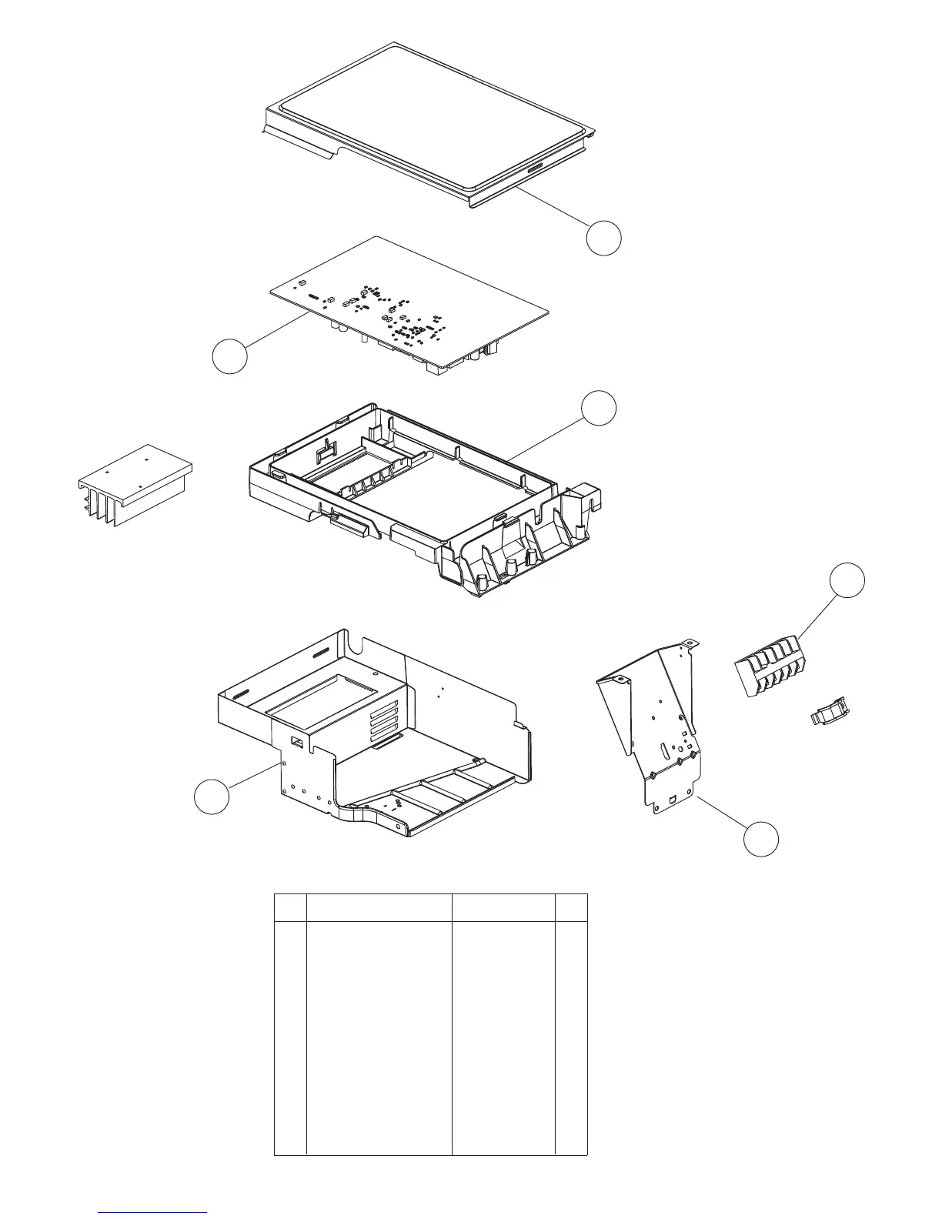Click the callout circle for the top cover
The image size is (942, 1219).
(603, 238)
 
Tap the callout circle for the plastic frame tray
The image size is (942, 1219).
(599, 408)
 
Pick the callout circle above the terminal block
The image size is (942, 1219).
(847, 580)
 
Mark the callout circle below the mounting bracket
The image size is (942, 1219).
(761, 837)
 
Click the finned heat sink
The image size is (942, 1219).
(136, 485)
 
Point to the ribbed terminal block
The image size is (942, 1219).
(766, 666)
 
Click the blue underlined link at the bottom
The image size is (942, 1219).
(153, 1213)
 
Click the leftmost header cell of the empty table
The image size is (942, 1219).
(290, 907)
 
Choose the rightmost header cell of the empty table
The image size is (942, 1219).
(571, 907)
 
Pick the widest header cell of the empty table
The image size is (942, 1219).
(379, 907)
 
